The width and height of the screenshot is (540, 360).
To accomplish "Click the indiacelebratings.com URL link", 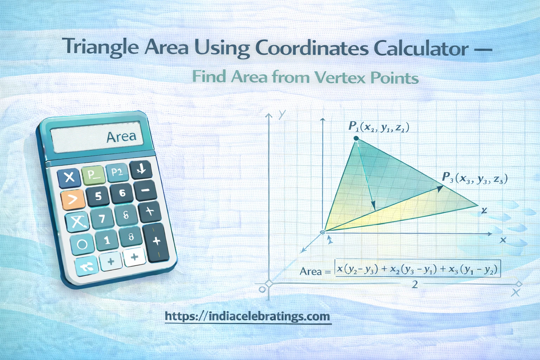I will point(248,316).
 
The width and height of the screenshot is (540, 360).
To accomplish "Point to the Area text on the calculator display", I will point(121,136).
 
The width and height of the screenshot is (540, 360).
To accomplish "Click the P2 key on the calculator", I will point(117,172).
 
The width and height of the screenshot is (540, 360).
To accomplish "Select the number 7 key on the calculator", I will point(102,219).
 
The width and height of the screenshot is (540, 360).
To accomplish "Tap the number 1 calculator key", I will point(107,240).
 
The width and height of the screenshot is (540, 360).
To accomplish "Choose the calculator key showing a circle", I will point(82,244).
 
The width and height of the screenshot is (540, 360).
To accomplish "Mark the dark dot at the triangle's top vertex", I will point(356,139).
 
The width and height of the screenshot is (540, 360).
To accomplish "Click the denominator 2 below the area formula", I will point(415,284).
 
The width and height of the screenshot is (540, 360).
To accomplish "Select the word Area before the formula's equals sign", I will point(311,271).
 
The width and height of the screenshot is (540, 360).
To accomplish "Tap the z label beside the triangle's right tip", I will point(484,210).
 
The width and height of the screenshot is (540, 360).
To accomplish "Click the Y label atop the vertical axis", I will point(282,114).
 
